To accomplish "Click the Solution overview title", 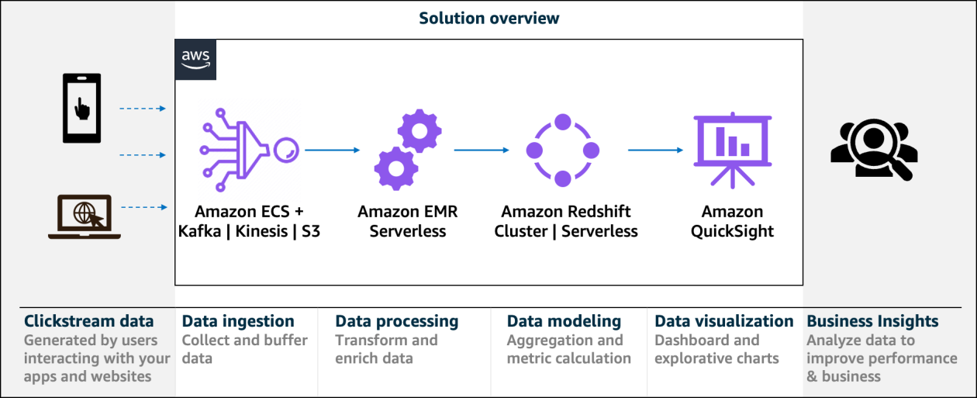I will [488, 18].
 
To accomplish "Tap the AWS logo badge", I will [195, 60].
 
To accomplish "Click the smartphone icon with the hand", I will [81, 108].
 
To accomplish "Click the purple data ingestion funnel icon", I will [248, 149].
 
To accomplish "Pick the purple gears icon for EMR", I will [408, 150].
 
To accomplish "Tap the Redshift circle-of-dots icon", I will [562, 150].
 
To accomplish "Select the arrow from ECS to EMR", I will [333, 150].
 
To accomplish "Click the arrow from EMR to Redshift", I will [482, 150].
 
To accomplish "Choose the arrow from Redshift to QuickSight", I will [655, 150].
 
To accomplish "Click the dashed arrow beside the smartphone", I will [143, 109].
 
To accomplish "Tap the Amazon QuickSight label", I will [732, 221].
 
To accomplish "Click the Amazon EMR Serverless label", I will [408, 221].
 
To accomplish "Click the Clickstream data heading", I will [88, 321].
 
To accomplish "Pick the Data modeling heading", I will [564, 321].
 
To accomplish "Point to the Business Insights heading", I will [872, 321].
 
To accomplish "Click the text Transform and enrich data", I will [386, 349].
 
